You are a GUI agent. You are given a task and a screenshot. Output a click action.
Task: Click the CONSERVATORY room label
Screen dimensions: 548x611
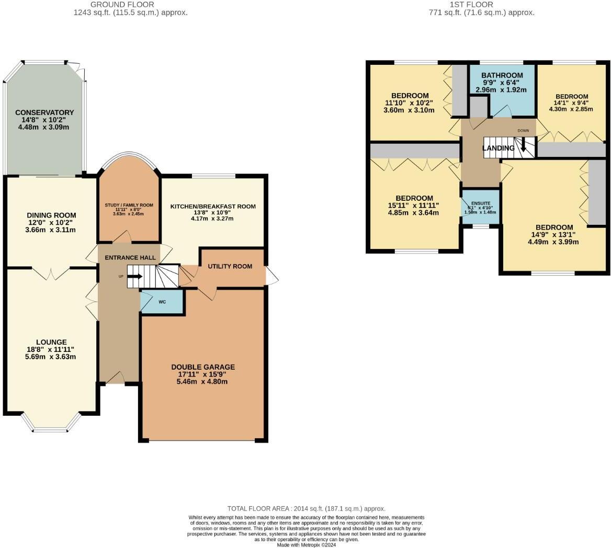tap(44, 112)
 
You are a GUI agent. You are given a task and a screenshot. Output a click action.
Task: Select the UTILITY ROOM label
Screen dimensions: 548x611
tap(230, 266)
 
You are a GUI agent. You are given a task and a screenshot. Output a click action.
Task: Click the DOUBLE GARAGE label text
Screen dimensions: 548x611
tap(203, 367)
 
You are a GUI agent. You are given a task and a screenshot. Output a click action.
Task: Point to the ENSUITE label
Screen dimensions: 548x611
tap(481, 202)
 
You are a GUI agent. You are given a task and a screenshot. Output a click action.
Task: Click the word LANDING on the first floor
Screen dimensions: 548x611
tap(498, 148)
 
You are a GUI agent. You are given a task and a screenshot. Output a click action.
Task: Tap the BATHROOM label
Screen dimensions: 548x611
tap(502, 75)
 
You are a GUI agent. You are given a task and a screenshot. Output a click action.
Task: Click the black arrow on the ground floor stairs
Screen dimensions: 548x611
tap(135, 276)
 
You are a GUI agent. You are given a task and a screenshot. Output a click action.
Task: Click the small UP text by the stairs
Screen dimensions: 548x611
tap(121, 276)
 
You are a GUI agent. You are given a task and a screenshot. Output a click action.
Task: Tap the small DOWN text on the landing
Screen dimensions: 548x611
tap(523, 130)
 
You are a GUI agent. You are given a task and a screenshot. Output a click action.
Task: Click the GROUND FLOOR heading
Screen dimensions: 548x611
tap(130, 5)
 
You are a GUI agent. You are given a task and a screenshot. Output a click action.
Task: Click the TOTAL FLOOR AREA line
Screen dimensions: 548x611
tap(306, 508)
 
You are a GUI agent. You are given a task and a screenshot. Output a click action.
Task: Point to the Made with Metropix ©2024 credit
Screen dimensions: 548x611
tap(306, 544)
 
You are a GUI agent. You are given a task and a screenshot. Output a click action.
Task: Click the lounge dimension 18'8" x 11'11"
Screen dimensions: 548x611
tap(51, 349)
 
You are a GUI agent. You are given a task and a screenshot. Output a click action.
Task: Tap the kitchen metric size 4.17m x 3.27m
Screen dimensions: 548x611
tap(212, 218)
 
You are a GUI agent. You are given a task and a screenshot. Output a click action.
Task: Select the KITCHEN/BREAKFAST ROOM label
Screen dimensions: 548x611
tap(213, 207)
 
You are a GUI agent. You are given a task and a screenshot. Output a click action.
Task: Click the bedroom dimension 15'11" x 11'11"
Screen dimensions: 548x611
tap(414, 206)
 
